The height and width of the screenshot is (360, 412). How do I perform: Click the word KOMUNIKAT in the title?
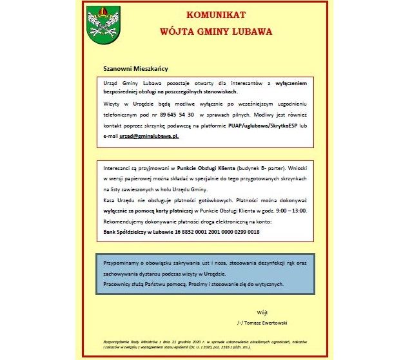215,15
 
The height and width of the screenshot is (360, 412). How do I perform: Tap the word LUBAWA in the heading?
248,30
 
